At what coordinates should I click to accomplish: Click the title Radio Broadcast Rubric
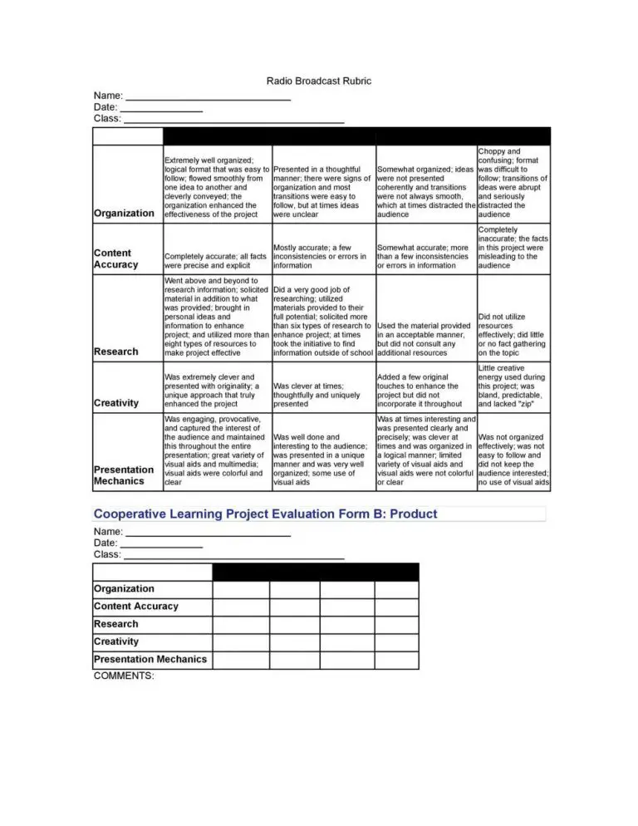[x=318, y=81]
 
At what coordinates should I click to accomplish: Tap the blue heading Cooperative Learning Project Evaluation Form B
[x=265, y=514]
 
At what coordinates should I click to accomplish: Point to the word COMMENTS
[x=124, y=676]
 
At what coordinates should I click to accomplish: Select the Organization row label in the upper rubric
[x=124, y=213]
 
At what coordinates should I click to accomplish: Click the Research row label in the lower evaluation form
[x=116, y=624]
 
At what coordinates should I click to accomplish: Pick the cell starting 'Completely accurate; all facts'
[x=217, y=262]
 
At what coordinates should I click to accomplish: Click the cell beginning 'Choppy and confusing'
[x=513, y=183]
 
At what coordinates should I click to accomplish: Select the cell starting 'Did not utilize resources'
[x=513, y=334]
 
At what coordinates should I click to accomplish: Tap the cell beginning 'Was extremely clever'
[x=217, y=391]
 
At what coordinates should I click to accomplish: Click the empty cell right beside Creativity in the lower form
[x=241, y=642]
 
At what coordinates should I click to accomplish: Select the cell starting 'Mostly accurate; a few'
[x=322, y=257]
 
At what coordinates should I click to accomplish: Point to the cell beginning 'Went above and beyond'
[x=217, y=317]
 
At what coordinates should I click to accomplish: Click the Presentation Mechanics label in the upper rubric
[x=124, y=475]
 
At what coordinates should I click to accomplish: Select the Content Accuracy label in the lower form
[x=136, y=607]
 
